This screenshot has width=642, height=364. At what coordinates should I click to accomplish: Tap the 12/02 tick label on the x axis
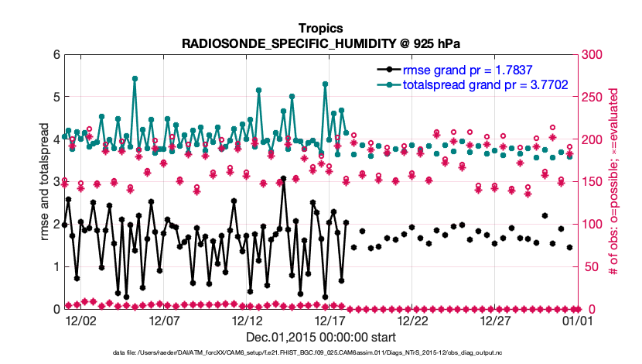80,320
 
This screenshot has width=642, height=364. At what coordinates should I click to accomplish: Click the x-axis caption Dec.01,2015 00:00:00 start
321,338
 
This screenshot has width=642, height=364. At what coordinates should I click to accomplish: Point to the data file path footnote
321,352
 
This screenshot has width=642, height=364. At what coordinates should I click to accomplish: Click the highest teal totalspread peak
135,78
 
